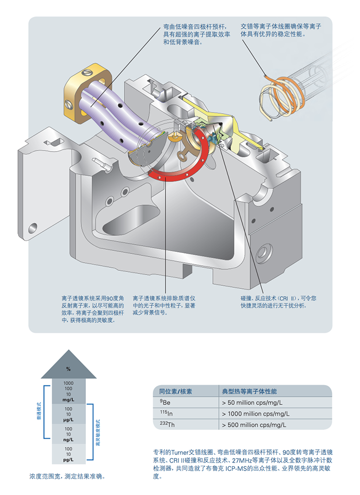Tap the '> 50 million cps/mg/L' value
[251, 402]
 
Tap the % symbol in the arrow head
[68, 369]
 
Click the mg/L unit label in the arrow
[68, 399]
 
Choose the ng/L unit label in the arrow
[68, 440]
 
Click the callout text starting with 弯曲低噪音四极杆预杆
[191, 34]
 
